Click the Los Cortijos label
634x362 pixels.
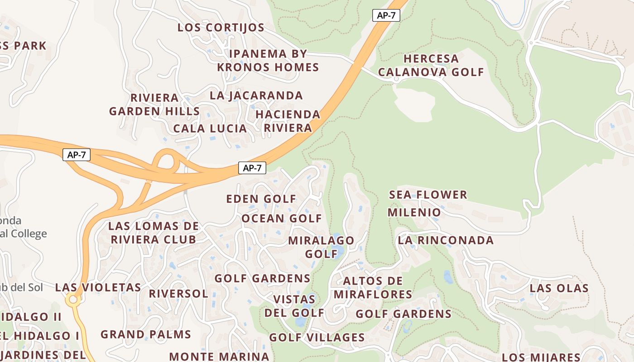pos(221,28)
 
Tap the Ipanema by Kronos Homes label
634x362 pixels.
pos(268,61)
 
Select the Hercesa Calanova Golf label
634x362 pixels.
pos(431,65)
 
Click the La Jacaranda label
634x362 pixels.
pos(256,95)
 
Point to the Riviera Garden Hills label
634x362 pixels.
pos(154,105)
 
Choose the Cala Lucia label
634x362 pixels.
pos(210,129)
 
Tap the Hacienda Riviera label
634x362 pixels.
pos(288,121)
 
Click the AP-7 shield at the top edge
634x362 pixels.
pos(386,15)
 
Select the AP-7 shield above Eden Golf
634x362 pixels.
pos(252,168)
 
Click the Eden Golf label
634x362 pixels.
pos(261,199)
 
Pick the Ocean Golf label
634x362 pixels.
pos(281,219)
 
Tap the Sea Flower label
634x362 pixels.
pos(428,195)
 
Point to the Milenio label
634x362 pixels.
pos(414,212)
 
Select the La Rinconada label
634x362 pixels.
pos(446,240)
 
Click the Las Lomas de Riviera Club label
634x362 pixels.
pos(154,233)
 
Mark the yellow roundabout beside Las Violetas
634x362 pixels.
pos(72,300)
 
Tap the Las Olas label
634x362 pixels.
pos(559,288)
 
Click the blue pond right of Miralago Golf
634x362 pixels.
pos(338,252)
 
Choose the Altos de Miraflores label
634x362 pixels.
pos(373,288)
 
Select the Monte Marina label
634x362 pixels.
pos(219,356)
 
